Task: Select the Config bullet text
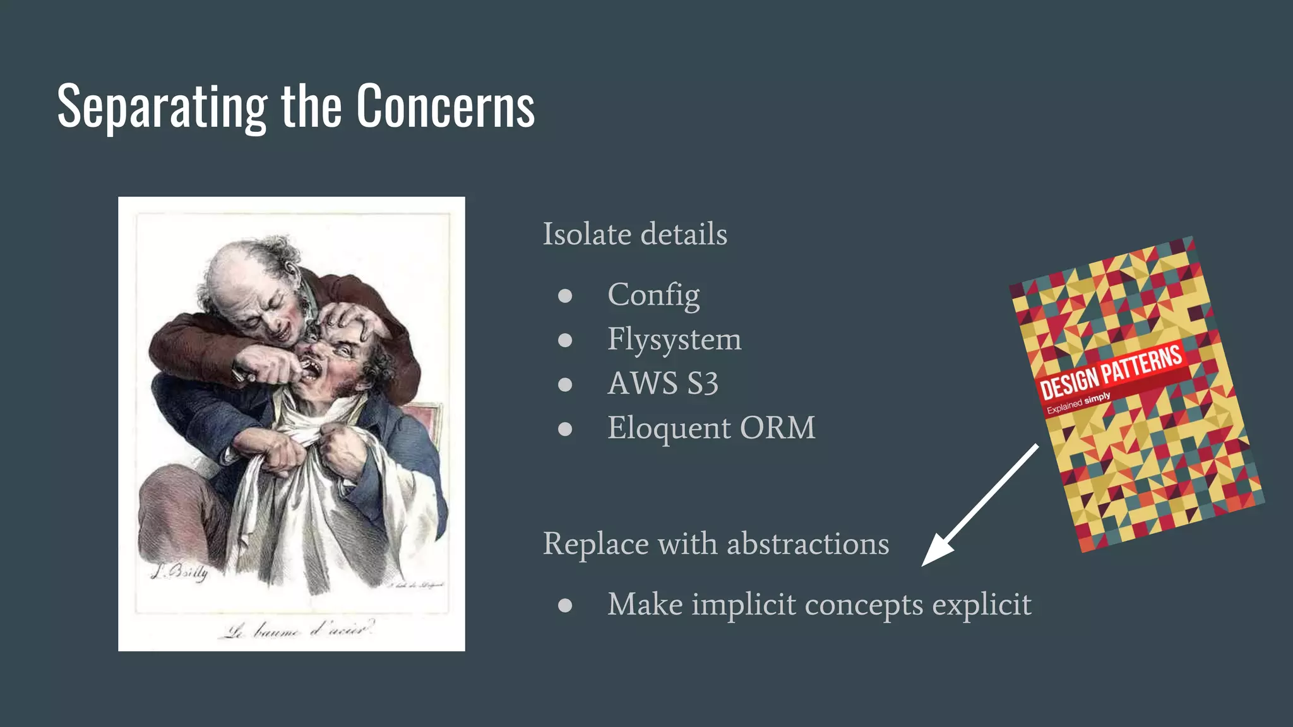[x=653, y=295]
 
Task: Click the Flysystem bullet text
[x=674, y=340]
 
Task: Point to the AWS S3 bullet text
[x=663, y=384]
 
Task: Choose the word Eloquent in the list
[x=669, y=428]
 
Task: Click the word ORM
[x=777, y=428]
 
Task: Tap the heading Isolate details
[x=635, y=234]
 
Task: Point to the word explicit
[x=982, y=605]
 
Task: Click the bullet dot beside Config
[x=565, y=296]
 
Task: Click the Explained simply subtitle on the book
[x=1078, y=403]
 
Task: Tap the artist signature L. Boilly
[x=179, y=572]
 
